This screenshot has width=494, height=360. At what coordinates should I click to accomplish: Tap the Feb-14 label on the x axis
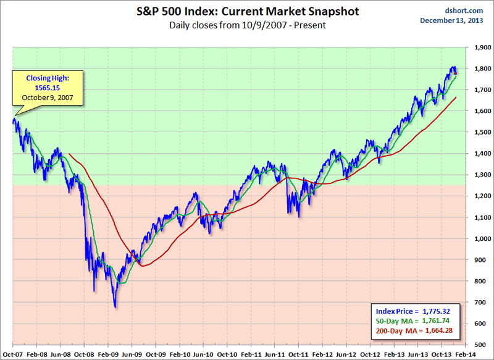click(466, 355)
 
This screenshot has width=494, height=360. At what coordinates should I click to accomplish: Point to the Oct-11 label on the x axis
click(299, 355)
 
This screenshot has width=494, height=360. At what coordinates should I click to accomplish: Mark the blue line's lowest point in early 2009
click(115, 307)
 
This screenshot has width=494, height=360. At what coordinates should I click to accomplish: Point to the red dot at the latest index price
click(456, 73)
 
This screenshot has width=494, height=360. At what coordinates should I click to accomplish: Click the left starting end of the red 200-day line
click(69, 154)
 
